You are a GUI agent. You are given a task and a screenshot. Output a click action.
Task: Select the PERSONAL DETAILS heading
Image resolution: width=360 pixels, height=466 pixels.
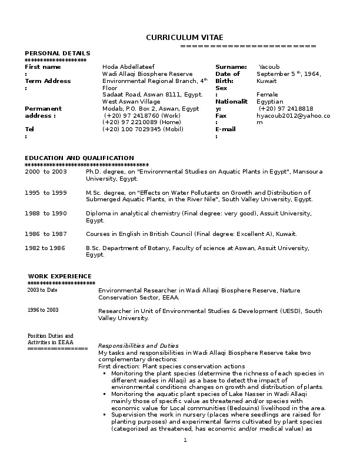point(58,54)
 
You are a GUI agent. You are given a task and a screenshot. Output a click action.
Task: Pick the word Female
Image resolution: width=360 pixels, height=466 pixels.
point(268,95)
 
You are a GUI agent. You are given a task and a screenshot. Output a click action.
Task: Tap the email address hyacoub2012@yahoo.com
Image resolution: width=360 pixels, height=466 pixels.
point(293,116)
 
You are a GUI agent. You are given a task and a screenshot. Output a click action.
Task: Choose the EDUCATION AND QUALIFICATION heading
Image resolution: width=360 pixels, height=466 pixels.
point(79,158)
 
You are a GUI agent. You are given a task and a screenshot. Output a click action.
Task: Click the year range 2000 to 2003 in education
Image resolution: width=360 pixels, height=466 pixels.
point(46,171)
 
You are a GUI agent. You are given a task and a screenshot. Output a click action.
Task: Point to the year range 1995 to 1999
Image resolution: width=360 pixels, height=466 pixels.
point(46,192)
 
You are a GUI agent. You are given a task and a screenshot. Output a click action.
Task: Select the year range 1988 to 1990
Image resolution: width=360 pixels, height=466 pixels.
point(46,213)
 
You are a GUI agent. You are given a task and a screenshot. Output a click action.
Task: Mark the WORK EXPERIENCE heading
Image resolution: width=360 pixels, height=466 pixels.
point(60,276)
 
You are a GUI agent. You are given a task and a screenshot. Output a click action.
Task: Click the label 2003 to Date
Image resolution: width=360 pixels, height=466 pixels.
point(42,290)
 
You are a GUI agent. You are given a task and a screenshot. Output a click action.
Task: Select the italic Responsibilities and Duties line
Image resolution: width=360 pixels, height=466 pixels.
point(138,345)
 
